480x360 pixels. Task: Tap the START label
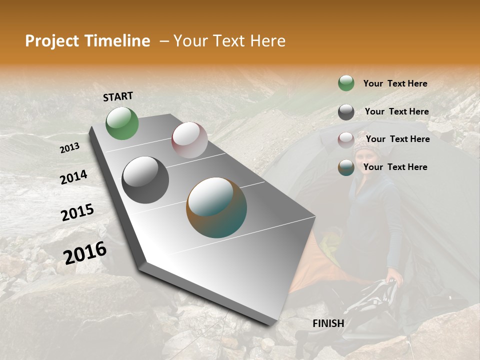(x=118, y=96)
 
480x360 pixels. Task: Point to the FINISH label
(x=328, y=323)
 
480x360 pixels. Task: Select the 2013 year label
(x=69, y=148)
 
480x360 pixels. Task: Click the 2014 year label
(x=73, y=177)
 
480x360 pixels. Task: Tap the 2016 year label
(x=85, y=253)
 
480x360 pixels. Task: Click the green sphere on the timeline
(x=122, y=123)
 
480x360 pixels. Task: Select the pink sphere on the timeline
(x=189, y=140)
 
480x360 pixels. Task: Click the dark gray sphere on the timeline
(x=145, y=180)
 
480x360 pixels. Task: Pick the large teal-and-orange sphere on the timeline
(x=216, y=207)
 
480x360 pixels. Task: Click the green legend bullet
(x=346, y=83)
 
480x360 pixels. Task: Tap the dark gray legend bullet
(x=346, y=112)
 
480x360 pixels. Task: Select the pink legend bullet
(x=346, y=139)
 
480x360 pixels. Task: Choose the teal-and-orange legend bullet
(x=346, y=167)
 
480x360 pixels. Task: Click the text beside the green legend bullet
(x=395, y=83)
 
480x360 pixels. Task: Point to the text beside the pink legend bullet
(x=397, y=139)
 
